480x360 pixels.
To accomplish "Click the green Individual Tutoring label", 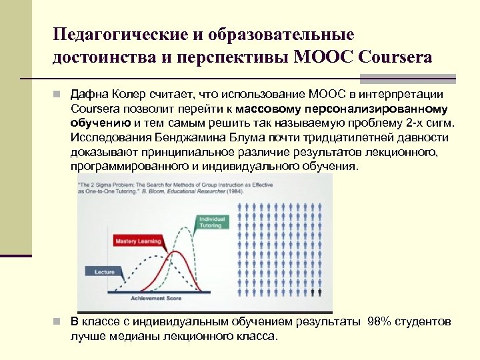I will click(211, 221).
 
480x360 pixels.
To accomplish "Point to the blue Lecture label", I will click(104, 272).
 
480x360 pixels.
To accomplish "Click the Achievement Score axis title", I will click(156, 298).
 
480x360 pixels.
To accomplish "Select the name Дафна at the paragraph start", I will click(88, 94).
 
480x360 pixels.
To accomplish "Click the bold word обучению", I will click(101, 123).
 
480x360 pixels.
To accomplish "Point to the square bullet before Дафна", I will click(59, 94).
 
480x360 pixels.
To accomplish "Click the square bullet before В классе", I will click(59, 322).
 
